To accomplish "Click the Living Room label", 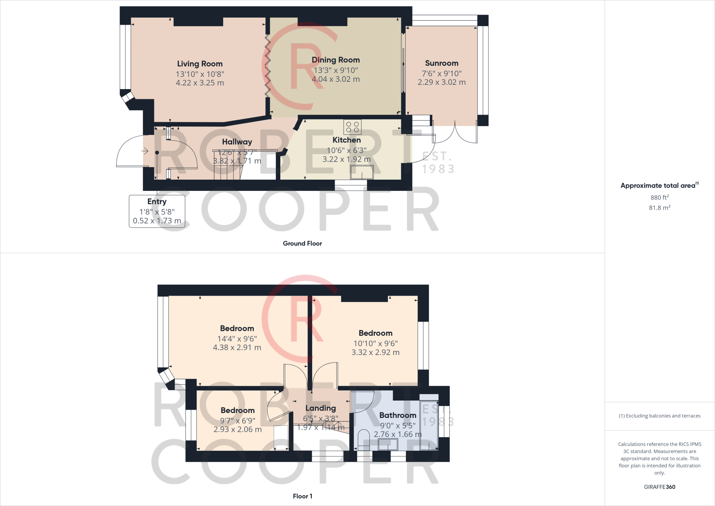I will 200,64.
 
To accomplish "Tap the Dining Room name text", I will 336,60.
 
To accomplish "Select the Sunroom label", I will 441,63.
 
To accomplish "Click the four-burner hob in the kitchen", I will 352,127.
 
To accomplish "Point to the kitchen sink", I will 362,172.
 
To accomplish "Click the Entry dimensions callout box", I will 157,211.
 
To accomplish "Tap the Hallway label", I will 237,142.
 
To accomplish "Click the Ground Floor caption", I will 302,244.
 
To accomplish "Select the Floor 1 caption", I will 302,496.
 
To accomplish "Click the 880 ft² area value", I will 659,197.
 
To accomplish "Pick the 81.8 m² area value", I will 659,208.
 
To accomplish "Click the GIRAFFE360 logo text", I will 659,487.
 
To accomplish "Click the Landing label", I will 320,408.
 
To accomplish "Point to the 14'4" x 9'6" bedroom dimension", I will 237,339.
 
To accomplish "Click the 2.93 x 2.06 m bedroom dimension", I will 237,429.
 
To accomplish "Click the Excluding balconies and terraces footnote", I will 659,416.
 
